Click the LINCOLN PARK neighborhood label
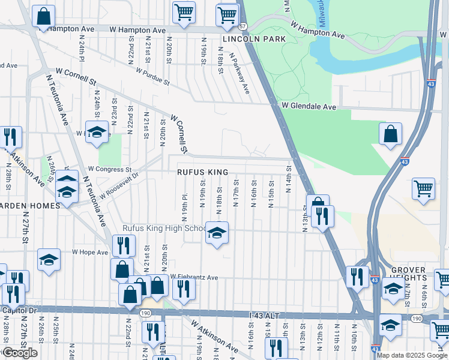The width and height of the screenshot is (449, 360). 254,39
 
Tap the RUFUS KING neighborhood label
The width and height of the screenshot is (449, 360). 202,172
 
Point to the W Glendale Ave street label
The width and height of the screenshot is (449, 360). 309,106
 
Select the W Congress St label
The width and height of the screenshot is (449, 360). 109,170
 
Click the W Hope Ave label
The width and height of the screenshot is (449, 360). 89,253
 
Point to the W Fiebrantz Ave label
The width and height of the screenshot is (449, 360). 194,277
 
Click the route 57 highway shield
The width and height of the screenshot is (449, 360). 243,27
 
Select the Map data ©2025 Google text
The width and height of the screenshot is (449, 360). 412,355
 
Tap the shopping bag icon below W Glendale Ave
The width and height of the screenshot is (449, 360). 390,134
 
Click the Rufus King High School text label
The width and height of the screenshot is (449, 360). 163,229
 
